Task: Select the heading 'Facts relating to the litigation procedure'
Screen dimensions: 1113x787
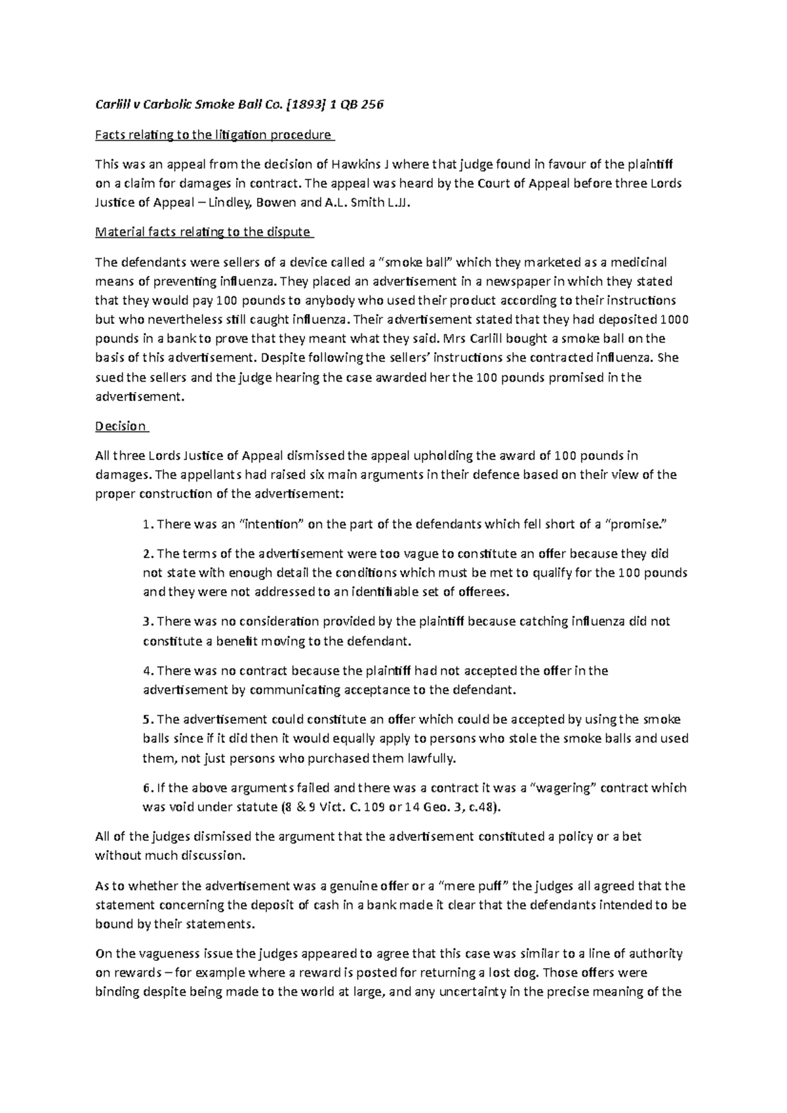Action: tap(214, 136)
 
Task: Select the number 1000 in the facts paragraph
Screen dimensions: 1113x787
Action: tap(674, 320)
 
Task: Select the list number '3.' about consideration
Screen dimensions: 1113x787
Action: tap(148, 621)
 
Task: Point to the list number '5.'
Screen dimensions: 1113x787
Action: tap(148, 720)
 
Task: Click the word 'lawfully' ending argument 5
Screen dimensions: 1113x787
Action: tap(430, 759)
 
